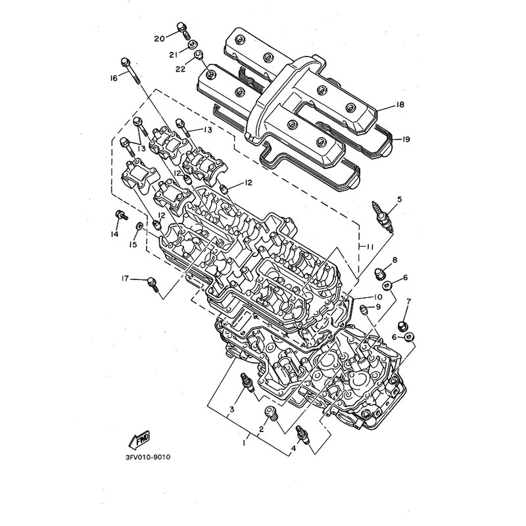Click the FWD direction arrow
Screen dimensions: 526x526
139,440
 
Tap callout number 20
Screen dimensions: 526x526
159,39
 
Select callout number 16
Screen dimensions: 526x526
113,78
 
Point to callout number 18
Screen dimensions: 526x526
400,105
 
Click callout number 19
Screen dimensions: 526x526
406,139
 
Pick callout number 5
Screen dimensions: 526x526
399,200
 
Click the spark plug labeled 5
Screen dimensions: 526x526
382,217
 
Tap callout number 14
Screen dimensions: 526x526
114,234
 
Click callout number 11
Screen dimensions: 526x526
370,247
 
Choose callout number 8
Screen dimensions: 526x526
395,260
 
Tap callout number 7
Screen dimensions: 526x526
408,302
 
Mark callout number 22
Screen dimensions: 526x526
180,70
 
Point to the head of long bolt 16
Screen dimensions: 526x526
124,62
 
